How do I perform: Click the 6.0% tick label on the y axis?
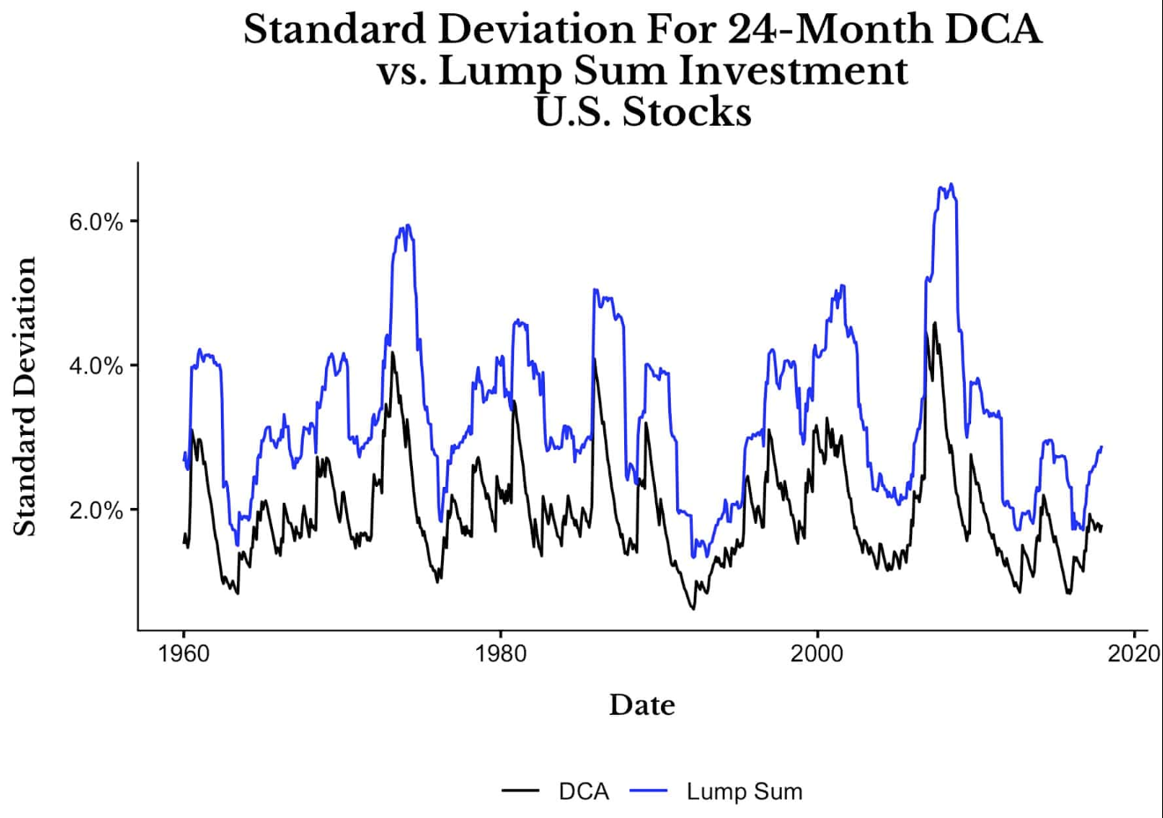pyautogui.click(x=95, y=222)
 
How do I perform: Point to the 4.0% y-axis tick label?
pyautogui.click(x=95, y=366)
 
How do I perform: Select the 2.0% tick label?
pyautogui.click(x=95, y=511)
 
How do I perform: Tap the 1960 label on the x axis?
pyautogui.click(x=184, y=653)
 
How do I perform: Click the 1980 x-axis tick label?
pyautogui.click(x=500, y=653)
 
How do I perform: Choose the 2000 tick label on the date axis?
pyautogui.click(x=817, y=653)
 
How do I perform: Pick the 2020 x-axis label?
pyautogui.click(x=1134, y=653)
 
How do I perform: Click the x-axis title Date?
pyautogui.click(x=642, y=705)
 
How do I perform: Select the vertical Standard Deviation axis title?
pyautogui.click(x=26, y=396)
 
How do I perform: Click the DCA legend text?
pyautogui.click(x=583, y=792)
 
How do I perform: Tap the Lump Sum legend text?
pyautogui.click(x=744, y=792)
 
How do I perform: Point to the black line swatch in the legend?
pyautogui.click(x=520, y=792)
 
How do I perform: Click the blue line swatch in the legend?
pyautogui.click(x=650, y=792)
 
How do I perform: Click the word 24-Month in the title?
pyautogui.click(x=811, y=29)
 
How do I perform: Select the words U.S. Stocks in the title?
pyautogui.click(x=643, y=112)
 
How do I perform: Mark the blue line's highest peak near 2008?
pyautogui.click(x=951, y=184)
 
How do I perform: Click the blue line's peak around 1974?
pyautogui.click(x=406, y=225)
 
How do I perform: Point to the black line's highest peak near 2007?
pyautogui.click(x=934, y=322)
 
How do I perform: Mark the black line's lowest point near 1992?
pyautogui.click(x=693, y=608)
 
